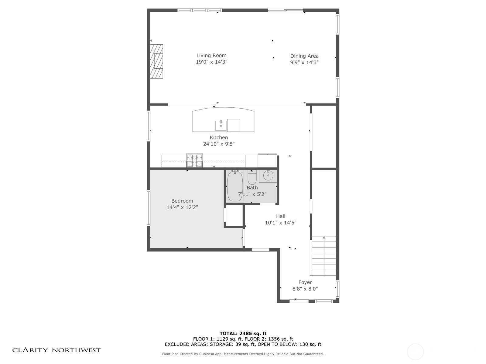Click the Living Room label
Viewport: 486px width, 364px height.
(x=211, y=56)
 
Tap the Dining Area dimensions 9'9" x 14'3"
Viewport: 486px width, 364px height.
(x=304, y=62)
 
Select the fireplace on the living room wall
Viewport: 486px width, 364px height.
(x=156, y=61)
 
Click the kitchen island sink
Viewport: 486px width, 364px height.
(x=221, y=126)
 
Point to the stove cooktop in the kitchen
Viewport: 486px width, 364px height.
(x=194, y=160)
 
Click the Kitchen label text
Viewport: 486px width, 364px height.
(x=219, y=137)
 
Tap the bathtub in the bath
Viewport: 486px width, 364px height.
(x=235, y=186)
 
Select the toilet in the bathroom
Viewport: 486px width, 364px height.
(x=252, y=177)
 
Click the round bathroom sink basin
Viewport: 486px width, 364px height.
(x=268, y=176)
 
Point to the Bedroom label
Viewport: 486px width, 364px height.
(x=182, y=201)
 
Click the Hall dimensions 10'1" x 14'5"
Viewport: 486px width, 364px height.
(x=281, y=223)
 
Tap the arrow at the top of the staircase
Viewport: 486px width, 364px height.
(x=324, y=238)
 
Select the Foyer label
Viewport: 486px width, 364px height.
(x=305, y=282)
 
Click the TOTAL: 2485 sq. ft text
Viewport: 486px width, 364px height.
(x=243, y=333)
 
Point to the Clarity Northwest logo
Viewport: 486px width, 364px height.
(x=56, y=350)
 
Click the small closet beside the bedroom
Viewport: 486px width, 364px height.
(x=234, y=216)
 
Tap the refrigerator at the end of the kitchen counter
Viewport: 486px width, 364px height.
(x=267, y=161)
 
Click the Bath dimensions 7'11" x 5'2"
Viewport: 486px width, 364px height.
(x=252, y=194)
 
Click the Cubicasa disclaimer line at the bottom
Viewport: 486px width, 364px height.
(x=243, y=354)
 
